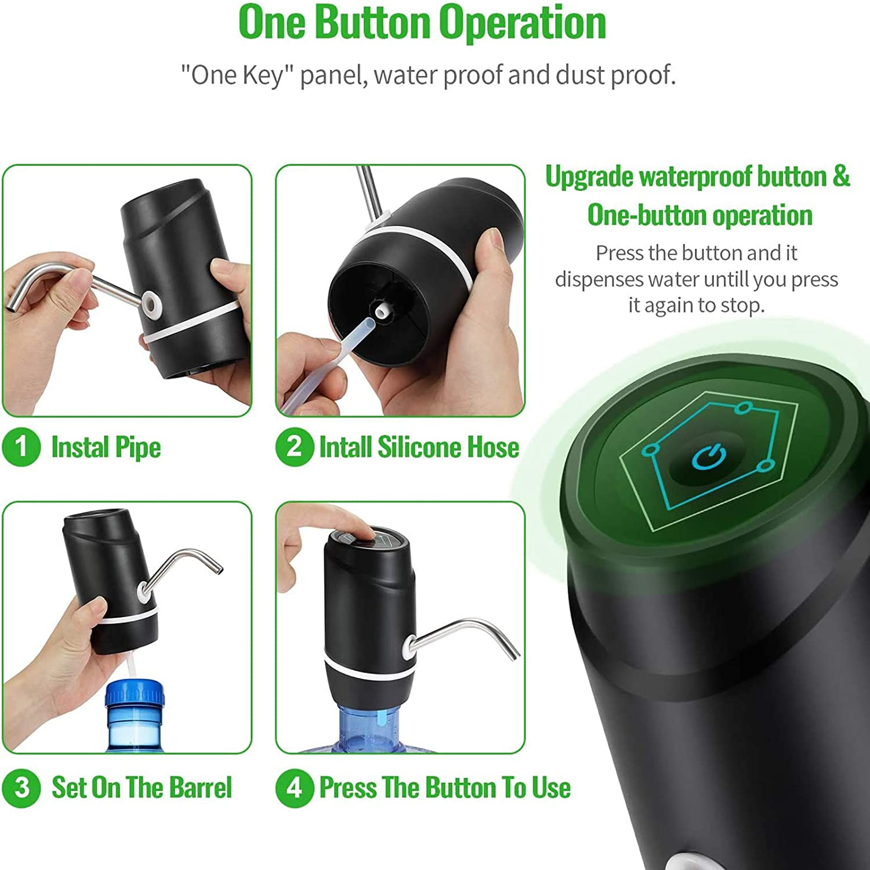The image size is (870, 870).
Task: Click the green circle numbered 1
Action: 21,447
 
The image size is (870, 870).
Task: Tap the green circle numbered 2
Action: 295,447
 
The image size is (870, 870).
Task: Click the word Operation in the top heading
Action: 522,23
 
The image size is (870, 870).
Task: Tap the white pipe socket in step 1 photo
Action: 152,303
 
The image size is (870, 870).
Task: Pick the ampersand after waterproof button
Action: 841,176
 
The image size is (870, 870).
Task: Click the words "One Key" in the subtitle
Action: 235,75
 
